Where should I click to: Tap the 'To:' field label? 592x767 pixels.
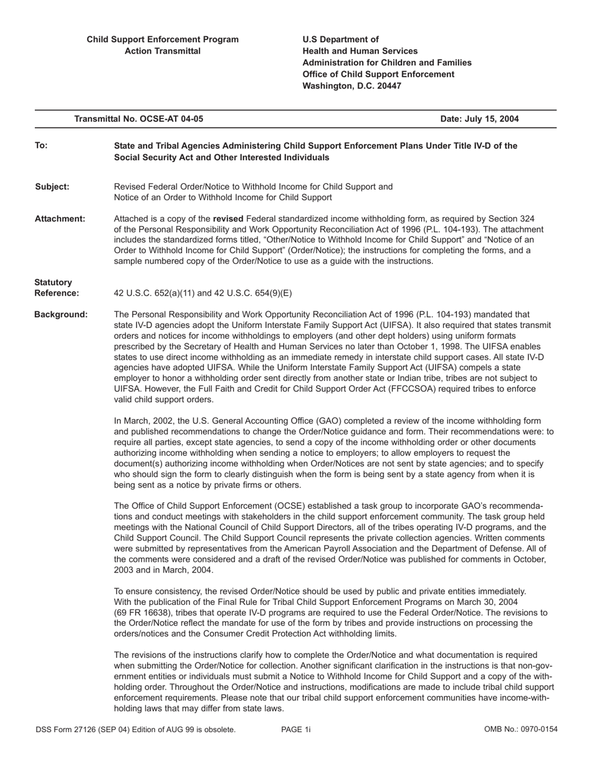click(41, 146)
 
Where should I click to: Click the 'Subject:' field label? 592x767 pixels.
click(52, 186)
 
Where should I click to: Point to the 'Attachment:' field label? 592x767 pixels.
click(60, 219)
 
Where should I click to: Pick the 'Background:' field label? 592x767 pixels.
click(61, 315)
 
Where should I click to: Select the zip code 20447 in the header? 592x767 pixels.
click(387, 86)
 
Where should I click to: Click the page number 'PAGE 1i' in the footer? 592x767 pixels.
click(296, 730)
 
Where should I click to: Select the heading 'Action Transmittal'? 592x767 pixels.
click(163, 51)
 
